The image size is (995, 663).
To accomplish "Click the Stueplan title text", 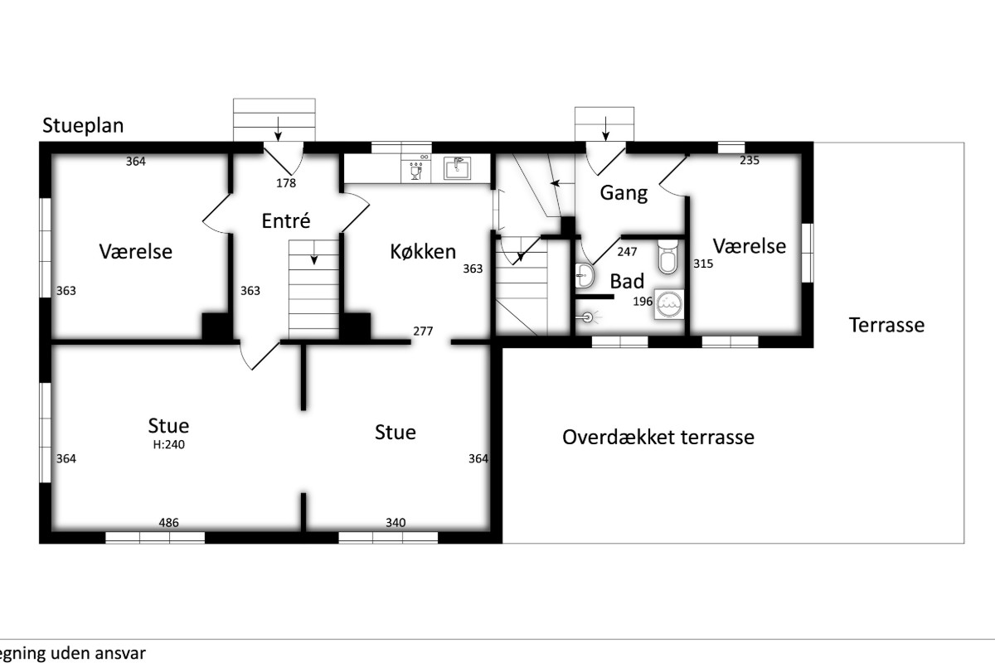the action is (83, 126).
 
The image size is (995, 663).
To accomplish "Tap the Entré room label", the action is (285, 220).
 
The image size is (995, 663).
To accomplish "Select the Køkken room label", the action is (423, 252).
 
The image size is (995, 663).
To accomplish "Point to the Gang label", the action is (624, 194).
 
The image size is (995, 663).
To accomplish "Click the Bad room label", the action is (627, 281).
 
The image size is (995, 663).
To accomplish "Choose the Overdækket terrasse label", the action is (658, 437).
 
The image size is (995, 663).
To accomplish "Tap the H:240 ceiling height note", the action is (169, 444).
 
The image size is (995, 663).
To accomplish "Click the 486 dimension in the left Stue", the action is (169, 523).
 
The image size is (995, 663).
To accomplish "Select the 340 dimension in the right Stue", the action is (396, 523).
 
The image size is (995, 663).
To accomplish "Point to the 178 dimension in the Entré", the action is (286, 183).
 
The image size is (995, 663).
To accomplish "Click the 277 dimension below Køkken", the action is (423, 331).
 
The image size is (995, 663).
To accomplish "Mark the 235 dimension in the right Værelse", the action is (750, 160).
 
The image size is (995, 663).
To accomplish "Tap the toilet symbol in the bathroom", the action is (667, 258).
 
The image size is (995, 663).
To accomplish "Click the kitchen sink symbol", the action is (457, 168).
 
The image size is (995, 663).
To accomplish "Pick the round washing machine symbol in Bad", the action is (669, 304).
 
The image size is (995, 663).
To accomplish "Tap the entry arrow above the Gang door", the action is (605, 128).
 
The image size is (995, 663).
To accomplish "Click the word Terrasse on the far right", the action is (886, 325).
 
